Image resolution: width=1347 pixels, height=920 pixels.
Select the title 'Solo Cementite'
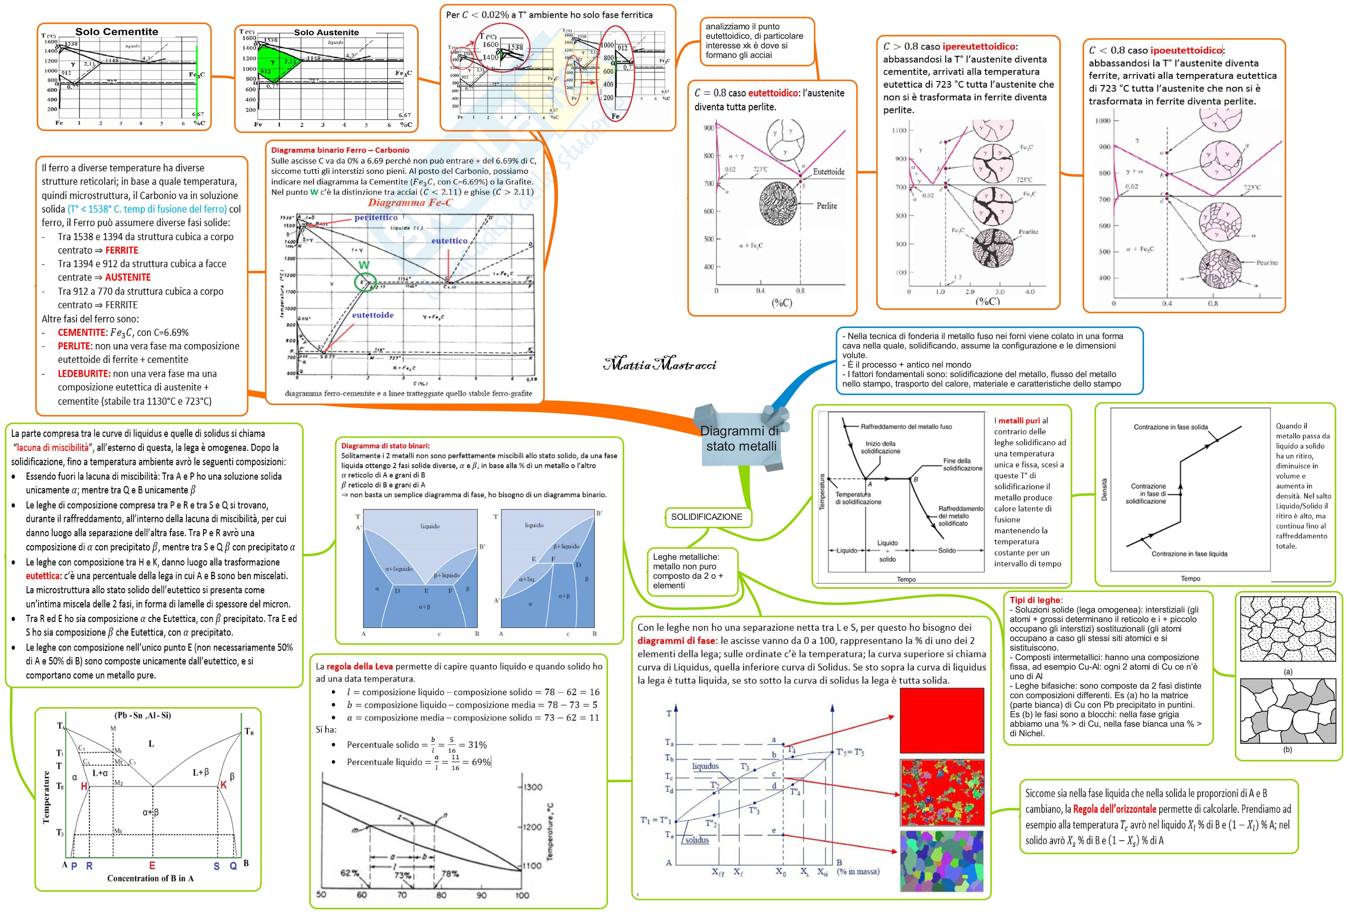[x=116, y=32]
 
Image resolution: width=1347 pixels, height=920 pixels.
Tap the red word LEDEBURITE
[x=83, y=373]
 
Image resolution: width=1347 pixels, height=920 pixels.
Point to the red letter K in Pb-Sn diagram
[x=223, y=785]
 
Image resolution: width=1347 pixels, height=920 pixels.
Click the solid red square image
[x=941, y=721]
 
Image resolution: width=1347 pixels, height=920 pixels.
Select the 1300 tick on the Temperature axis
[x=533, y=787]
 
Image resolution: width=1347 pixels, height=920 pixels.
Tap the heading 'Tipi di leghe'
[x=1035, y=600]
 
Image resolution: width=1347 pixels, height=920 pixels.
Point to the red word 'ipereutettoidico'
[x=978, y=46]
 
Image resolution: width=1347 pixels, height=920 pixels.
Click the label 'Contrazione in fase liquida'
[x=1189, y=554]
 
